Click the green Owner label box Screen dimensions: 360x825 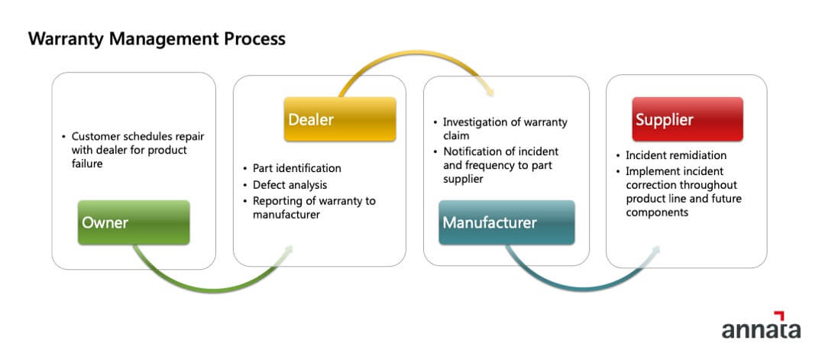[133, 222]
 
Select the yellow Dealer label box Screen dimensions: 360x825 [339, 119]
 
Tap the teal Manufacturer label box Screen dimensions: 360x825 [506, 222]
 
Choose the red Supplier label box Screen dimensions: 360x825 [687, 119]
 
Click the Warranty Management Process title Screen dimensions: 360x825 [157, 38]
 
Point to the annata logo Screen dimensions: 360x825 [760, 328]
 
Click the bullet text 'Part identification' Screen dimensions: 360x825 [296, 168]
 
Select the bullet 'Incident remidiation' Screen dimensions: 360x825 [675, 155]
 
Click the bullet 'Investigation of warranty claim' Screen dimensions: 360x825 [504, 128]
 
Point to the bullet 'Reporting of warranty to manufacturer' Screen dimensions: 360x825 [314, 208]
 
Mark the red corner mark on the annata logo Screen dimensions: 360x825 [779, 316]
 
